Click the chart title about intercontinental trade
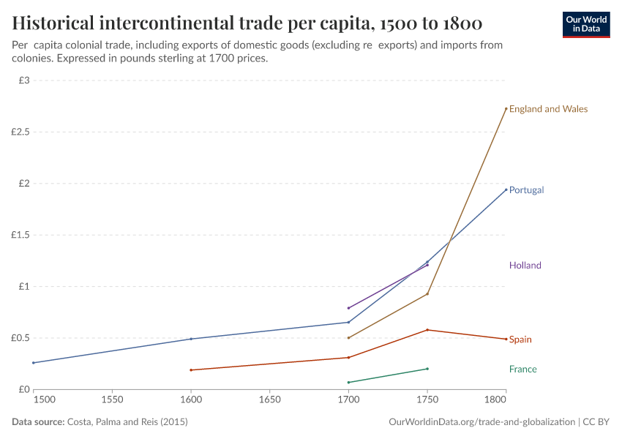tap(247, 23)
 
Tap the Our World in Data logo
tap(585, 24)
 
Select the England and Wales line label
tap(548, 109)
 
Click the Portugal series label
tap(526, 190)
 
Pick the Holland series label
tap(525, 266)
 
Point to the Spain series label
tap(520, 339)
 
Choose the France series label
tap(522, 369)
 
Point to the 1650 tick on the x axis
tap(270, 400)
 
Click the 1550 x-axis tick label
tap(112, 400)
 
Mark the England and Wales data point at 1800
tap(506, 109)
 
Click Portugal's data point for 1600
tap(191, 339)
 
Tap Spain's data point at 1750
tap(427, 330)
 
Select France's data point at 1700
tap(348, 382)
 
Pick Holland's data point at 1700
tap(348, 308)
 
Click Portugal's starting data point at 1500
tap(34, 363)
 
